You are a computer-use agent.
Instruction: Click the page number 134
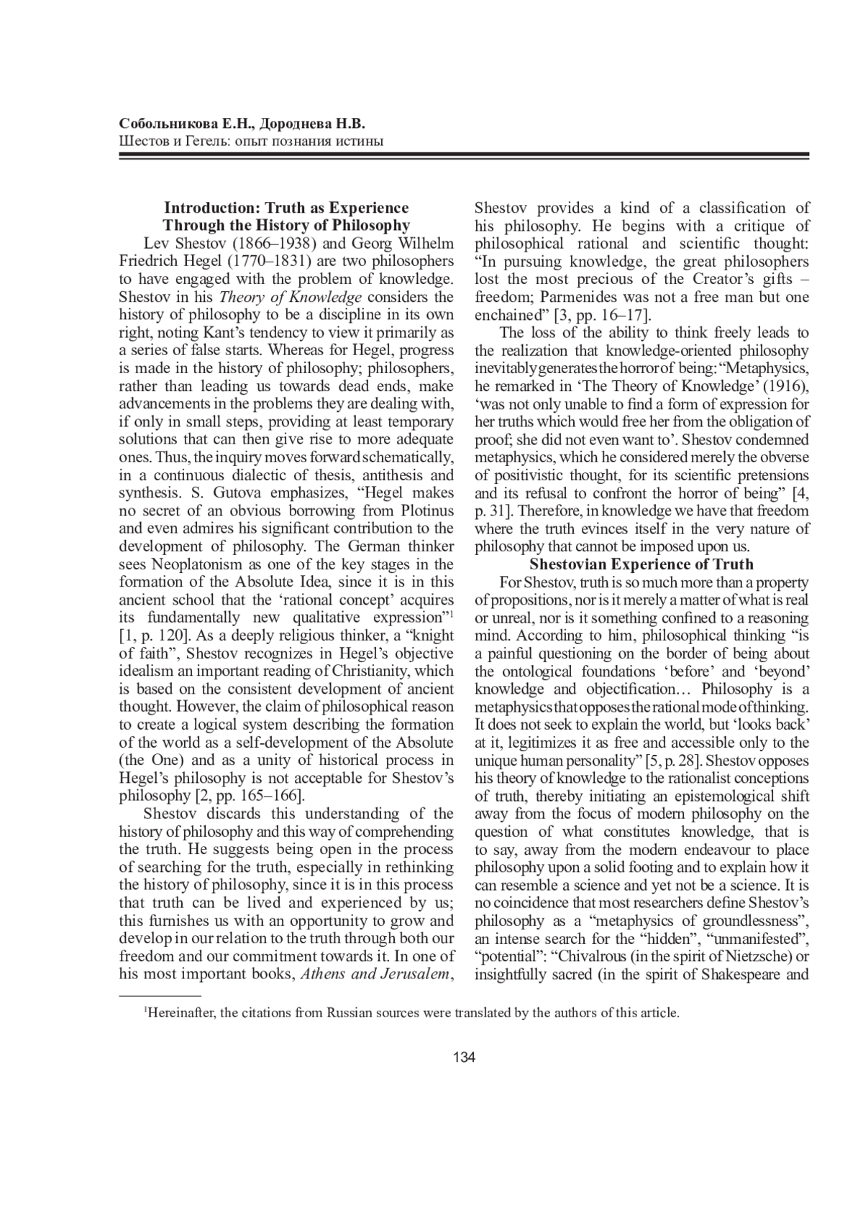465,1057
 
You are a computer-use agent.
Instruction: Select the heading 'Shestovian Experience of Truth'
641,564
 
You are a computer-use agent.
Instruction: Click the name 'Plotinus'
425,511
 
